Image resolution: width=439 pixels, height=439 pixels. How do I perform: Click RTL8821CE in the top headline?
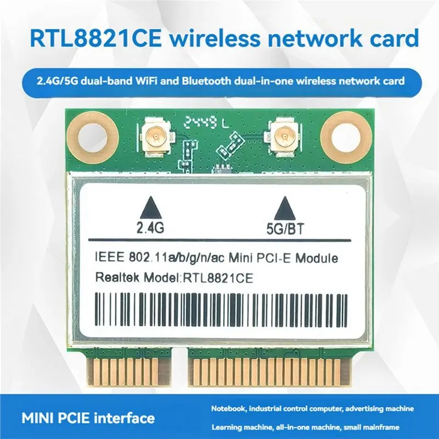[95, 38]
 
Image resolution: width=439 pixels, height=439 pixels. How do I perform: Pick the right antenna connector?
[283, 137]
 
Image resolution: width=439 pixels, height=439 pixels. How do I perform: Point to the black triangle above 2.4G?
[150, 207]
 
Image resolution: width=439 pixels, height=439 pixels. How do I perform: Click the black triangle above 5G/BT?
[285, 208]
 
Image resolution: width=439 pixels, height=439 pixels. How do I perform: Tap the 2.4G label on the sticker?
[150, 228]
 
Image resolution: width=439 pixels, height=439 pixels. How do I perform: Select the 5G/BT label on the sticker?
[285, 229]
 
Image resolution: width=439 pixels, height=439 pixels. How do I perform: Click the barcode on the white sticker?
[221, 309]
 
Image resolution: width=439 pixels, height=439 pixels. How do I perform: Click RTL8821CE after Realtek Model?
[218, 279]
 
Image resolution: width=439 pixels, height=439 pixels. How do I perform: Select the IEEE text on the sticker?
[110, 256]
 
